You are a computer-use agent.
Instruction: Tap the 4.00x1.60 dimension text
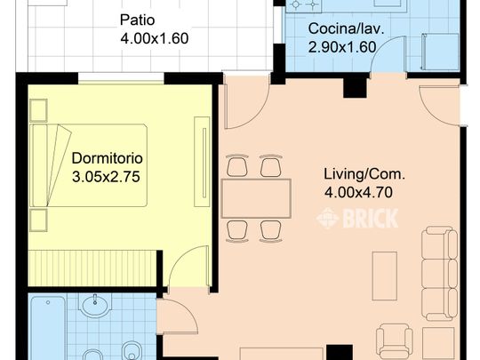155,38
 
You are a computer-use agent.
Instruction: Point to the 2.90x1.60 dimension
342,45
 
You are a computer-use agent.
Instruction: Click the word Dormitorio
107,158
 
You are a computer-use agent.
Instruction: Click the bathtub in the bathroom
44,329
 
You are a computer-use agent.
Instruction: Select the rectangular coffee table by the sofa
385,275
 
